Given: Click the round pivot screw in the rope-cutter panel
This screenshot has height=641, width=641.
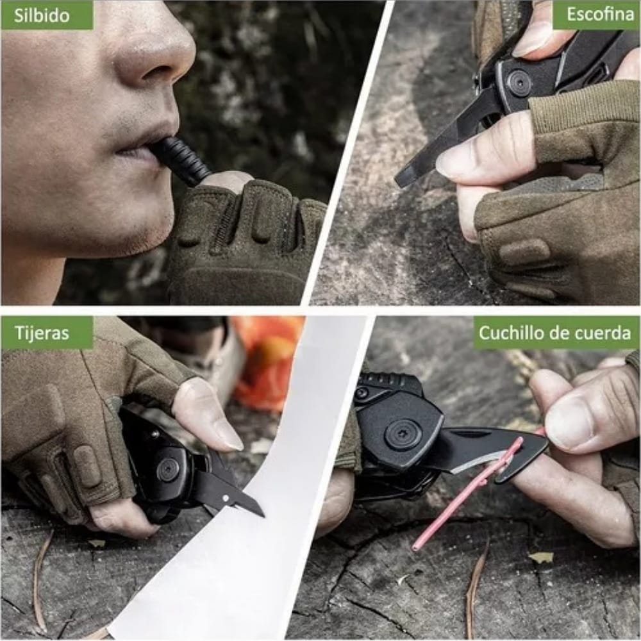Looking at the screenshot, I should coord(403,435).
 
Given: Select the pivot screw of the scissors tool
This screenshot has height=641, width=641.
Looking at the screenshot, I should coord(168,470).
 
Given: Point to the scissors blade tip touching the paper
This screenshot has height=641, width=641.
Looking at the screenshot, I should coord(260,513).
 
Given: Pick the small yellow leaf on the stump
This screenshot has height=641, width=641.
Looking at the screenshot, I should coord(542,557).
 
